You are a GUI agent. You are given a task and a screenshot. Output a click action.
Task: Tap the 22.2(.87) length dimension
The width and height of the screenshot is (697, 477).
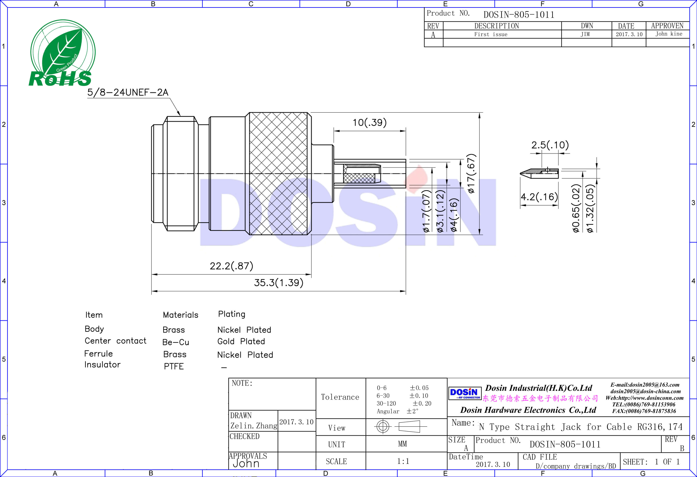[x=231, y=266]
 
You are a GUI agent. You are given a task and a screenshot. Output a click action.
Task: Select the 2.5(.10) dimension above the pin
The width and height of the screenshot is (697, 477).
[x=550, y=145]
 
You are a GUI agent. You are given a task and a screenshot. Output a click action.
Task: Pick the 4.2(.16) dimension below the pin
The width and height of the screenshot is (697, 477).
[x=539, y=197]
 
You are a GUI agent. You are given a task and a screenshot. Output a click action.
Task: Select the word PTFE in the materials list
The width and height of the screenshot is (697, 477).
[x=174, y=366]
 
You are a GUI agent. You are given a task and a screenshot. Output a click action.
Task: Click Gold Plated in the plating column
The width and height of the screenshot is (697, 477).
[x=241, y=341]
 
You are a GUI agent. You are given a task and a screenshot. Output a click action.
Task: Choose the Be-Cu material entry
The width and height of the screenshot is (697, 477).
[x=175, y=342]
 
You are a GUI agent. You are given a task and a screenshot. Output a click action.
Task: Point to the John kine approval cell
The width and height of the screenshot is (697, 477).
[x=668, y=34]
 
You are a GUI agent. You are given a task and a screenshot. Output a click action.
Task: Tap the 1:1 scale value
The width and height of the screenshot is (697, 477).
[x=403, y=461]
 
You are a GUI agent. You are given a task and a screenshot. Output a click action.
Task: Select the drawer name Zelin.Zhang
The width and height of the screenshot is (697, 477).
[x=254, y=426]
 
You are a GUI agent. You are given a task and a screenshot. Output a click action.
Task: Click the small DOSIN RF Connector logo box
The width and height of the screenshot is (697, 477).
[x=464, y=393]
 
